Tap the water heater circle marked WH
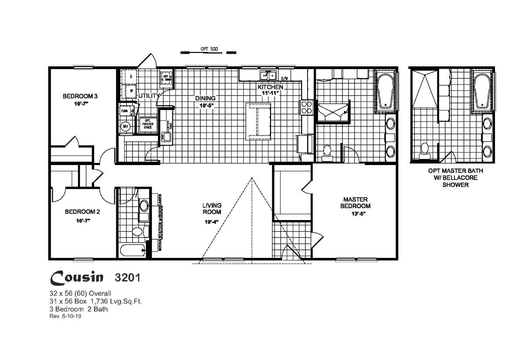(x=125, y=126)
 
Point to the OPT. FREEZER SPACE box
(x=146, y=123)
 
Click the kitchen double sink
(x=267, y=74)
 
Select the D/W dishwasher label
(x=284, y=79)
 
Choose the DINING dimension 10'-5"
(x=205, y=106)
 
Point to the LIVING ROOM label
(x=212, y=208)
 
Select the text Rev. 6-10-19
(x=66, y=316)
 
